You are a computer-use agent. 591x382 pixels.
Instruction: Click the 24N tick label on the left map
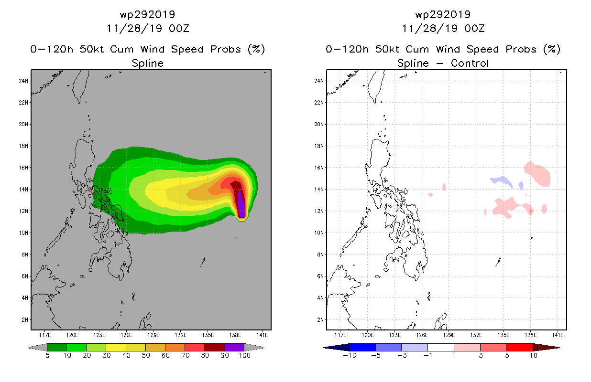[23, 81]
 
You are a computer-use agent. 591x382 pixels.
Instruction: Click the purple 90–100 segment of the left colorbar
[234, 347]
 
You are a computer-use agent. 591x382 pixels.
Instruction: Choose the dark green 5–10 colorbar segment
[57, 347]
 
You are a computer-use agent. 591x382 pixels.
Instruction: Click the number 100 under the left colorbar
[244, 355]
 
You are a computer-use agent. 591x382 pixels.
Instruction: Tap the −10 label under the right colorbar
[349, 355]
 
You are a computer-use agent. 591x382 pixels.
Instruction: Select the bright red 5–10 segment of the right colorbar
[519, 347]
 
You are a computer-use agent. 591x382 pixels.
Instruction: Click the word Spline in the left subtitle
[147, 63]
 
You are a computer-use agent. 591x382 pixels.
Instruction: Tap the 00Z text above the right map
[475, 28]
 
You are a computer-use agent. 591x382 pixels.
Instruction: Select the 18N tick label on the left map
[23, 146]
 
